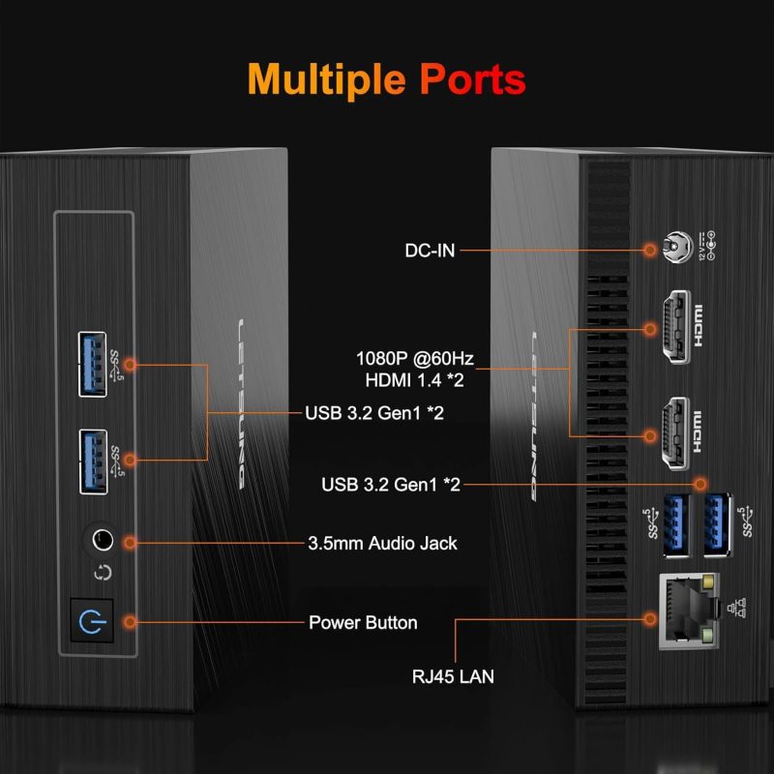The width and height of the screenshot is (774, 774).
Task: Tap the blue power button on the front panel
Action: click(x=93, y=621)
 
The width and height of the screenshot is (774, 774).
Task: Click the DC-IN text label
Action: click(x=430, y=250)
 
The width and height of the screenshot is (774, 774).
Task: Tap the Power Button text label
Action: click(x=363, y=622)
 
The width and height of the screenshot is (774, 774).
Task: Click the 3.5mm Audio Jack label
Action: click(x=382, y=543)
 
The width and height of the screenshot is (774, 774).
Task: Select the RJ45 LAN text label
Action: click(x=451, y=676)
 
